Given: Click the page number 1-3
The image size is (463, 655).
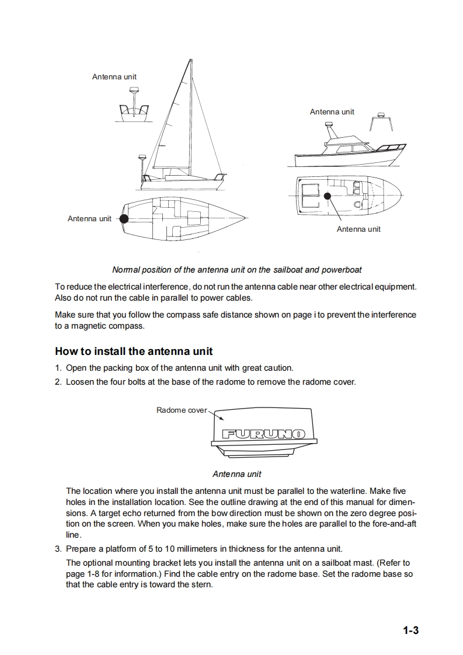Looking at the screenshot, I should [410, 630].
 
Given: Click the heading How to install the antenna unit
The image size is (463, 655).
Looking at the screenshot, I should [134, 351].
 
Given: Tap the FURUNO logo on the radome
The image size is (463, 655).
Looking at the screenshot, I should [264, 434].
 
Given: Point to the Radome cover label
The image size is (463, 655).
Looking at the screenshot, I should [181, 410].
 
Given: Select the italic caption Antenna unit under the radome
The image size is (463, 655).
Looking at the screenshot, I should [236, 474].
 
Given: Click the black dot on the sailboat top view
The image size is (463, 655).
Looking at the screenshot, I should [124, 219].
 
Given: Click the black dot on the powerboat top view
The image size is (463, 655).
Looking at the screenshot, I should [328, 196].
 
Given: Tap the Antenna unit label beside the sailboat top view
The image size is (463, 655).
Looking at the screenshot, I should [89, 219].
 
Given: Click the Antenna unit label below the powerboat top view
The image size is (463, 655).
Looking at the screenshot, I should [358, 229].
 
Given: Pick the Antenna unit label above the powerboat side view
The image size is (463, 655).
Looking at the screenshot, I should [332, 112].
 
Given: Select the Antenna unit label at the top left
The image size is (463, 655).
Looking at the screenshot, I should [114, 77].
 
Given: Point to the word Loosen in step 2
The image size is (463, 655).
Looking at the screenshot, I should [80, 382].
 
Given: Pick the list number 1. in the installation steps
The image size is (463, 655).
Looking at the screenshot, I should [58, 368].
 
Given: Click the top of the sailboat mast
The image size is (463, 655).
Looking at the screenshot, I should [191, 60].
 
